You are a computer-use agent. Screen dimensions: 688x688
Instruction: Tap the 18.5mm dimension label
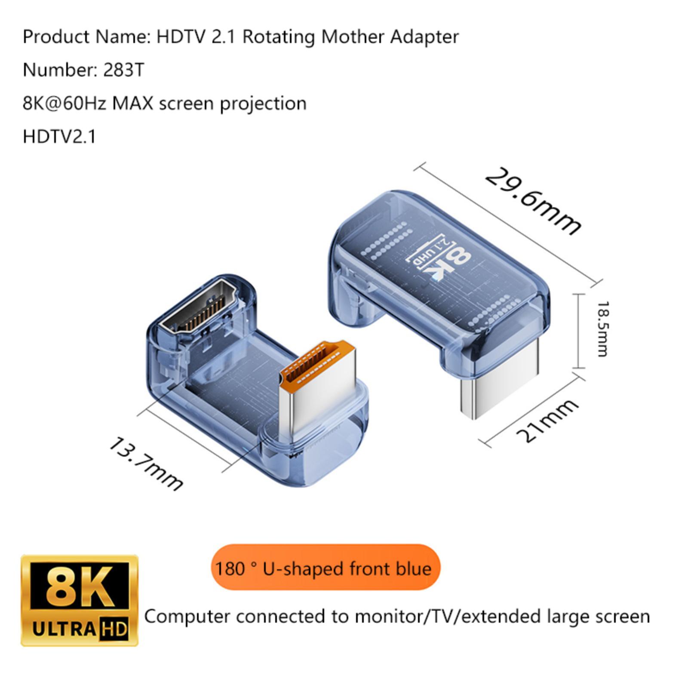pos(602,329)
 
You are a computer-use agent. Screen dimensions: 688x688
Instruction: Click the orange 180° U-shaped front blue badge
pos(326,568)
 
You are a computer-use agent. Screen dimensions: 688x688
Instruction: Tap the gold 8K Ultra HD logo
pos(80,601)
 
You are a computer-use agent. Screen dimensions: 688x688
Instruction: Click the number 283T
pos(124,70)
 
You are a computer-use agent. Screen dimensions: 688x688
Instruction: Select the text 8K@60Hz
pos(64,104)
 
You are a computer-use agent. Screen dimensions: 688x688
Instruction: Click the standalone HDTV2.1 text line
pos(59,137)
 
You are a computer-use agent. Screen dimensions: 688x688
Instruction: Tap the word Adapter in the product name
pos(424,37)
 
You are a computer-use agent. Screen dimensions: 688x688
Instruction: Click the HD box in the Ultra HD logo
pos(114,629)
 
